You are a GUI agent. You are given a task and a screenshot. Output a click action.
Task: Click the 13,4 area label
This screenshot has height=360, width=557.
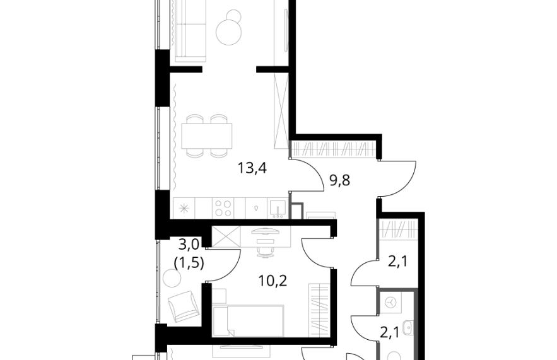click(x=252, y=168)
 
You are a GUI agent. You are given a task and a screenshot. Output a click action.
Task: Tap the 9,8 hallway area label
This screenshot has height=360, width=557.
click(x=340, y=180)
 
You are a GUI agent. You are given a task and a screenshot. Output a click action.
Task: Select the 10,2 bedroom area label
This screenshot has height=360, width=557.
click(x=273, y=281)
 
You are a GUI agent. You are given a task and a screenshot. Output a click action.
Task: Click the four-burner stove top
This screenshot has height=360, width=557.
click(x=223, y=209)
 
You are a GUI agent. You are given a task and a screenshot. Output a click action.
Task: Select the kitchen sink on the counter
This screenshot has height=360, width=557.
click(x=277, y=209)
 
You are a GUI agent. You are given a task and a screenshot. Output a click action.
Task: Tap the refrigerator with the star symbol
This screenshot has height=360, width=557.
click(x=184, y=209)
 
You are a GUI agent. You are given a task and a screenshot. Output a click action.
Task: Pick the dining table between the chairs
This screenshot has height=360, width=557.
click(x=207, y=136)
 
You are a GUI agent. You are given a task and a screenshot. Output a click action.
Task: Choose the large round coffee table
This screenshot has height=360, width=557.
click(x=229, y=32)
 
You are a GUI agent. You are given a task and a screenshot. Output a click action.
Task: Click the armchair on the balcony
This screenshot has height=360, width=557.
click(x=183, y=305)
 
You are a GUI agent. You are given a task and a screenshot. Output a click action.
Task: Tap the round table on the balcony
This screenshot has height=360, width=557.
click(x=172, y=277)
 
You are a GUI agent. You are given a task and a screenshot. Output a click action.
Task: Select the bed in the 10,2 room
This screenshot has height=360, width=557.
click(x=248, y=320)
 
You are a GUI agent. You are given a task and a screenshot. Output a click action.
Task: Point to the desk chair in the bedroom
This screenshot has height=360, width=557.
click(x=265, y=248)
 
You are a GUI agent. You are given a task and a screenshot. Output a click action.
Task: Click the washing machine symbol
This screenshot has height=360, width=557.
click(x=390, y=302)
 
